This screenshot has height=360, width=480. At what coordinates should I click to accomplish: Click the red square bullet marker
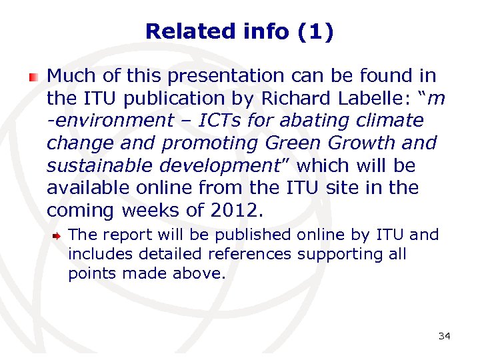(33, 77)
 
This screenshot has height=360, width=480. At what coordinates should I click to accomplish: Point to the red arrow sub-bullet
(59, 236)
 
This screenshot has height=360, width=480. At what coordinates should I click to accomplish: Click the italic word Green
(293, 143)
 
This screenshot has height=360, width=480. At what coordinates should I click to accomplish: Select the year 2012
(232, 211)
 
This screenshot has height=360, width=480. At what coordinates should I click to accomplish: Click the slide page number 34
(444, 336)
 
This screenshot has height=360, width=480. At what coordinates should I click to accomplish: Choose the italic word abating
(311, 121)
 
